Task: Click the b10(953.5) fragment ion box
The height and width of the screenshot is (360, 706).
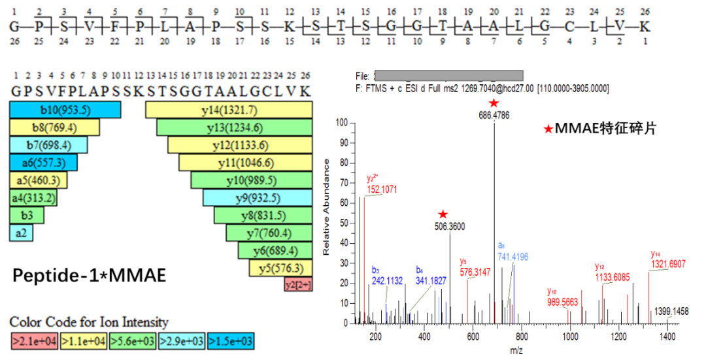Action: click(x=65, y=110)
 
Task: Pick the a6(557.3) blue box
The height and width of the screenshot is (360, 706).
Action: click(x=43, y=163)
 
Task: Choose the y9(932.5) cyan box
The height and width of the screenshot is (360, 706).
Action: click(x=258, y=198)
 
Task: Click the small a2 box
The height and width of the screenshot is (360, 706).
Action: click(x=21, y=233)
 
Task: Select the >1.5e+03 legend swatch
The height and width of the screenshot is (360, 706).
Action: click(x=231, y=341)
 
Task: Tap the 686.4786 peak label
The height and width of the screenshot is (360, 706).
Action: click(x=494, y=115)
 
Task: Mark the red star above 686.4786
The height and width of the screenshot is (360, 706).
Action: click(x=494, y=103)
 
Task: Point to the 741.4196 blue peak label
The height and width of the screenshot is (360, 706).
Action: click(x=513, y=257)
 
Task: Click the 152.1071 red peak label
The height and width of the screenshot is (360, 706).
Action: click(x=382, y=189)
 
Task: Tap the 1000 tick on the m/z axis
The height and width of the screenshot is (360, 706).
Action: click(x=570, y=336)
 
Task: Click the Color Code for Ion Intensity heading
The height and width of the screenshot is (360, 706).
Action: click(x=89, y=322)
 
